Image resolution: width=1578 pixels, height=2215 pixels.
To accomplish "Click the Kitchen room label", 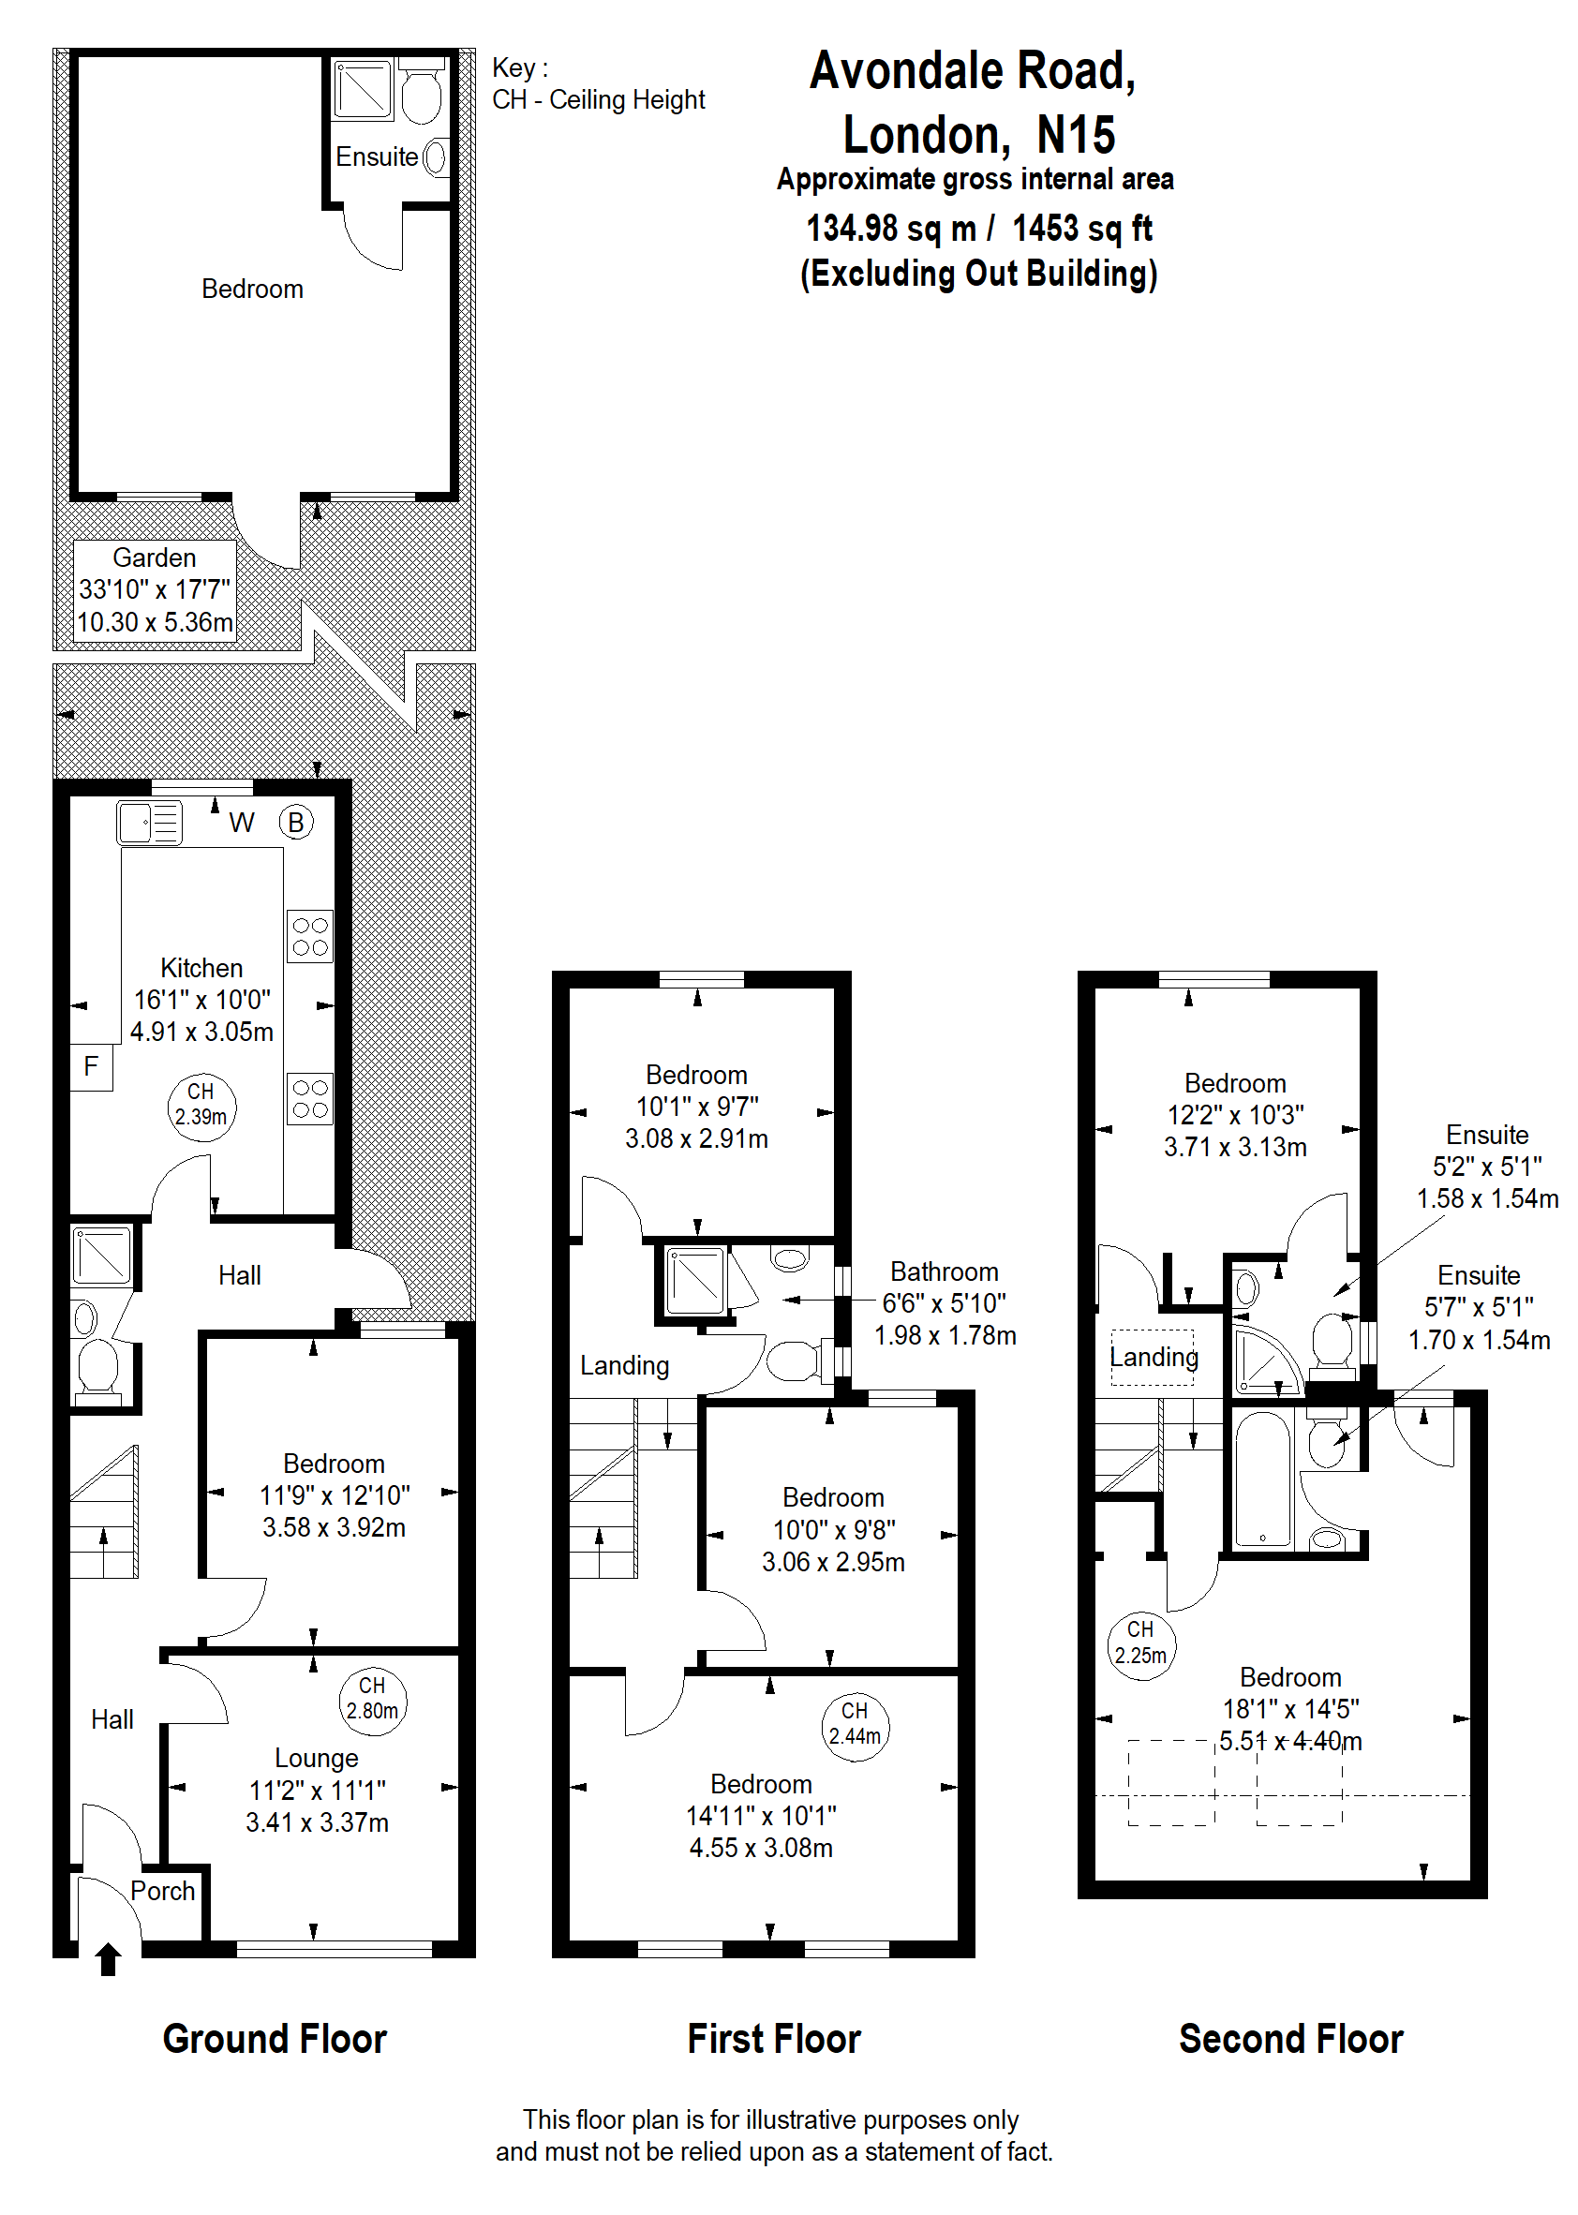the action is click(x=201, y=969).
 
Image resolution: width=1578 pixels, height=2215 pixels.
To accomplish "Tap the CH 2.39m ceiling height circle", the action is click(x=201, y=1107).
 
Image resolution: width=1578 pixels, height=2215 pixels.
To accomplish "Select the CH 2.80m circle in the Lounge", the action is click(x=373, y=1700).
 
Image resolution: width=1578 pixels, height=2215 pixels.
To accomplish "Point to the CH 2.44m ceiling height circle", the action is click(x=856, y=1725).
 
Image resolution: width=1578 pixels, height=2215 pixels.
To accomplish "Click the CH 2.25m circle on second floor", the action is click(x=1140, y=1644).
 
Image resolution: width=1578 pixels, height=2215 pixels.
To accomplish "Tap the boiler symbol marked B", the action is click(x=296, y=823).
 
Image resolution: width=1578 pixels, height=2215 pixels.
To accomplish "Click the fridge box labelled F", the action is click(x=91, y=1066).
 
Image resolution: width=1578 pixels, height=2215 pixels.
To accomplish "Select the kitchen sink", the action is click(x=150, y=823).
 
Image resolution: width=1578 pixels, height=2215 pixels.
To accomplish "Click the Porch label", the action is click(x=162, y=1891).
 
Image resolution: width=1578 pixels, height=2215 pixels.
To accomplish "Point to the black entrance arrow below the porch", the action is click(x=109, y=1958).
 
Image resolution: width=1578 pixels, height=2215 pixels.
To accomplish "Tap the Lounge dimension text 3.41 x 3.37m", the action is click(x=318, y=1822).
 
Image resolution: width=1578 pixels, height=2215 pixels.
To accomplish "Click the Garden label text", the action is click(x=155, y=557).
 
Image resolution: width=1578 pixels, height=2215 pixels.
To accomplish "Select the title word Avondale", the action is click(x=906, y=71).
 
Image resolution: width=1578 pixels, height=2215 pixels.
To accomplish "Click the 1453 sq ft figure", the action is click(x=1082, y=229).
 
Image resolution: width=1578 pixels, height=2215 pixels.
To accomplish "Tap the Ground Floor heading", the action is click(x=275, y=2038).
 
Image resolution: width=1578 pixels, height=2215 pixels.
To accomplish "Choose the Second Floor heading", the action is click(x=1291, y=2038).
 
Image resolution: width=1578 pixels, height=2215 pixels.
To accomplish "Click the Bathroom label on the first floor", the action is click(x=945, y=1271).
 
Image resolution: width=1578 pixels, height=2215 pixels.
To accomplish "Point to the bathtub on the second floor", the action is click(x=1262, y=1479).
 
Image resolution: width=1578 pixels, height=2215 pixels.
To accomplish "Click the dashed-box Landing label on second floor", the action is click(x=1154, y=1357).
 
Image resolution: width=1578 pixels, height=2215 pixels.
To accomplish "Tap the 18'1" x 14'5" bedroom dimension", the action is click(x=1291, y=1709).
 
